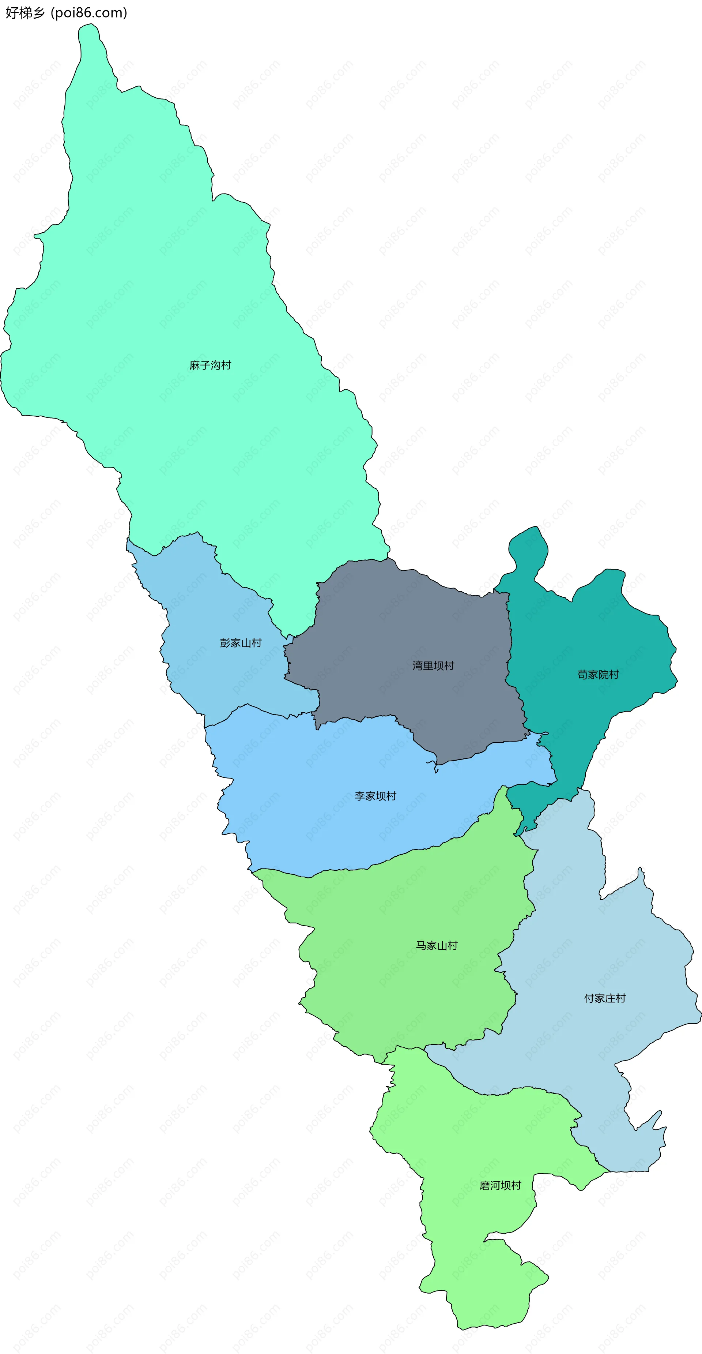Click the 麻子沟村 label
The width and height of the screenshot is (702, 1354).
[210, 365]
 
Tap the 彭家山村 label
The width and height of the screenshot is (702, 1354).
[241, 643]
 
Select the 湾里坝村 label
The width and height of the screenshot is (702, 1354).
[433, 666]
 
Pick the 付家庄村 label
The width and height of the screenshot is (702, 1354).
[605, 998]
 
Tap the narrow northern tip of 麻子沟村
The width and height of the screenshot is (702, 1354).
[89, 42]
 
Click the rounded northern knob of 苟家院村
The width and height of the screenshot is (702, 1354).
[528, 547]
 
